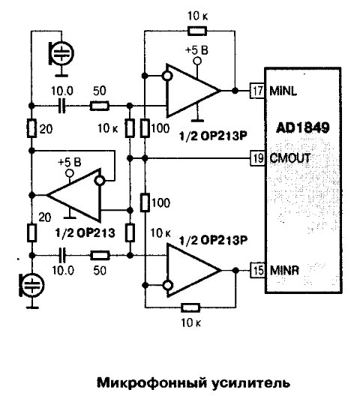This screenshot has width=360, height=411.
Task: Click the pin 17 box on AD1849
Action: coord(257,91)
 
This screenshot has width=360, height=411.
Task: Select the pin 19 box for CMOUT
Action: coord(257,158)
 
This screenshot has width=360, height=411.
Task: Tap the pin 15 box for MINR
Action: coord(257,270)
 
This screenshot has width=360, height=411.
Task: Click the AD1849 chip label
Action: coord(302,128)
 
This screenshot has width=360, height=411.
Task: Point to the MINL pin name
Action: coord(283,91)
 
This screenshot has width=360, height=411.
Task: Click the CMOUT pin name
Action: coord(290,158)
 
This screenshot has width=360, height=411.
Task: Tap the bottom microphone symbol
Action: coord(31,285)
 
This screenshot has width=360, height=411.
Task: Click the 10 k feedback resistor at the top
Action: coord(197,31)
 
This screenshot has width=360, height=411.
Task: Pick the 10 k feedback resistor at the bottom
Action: coord(190,308)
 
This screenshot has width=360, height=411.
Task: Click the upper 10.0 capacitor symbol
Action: coord(62,106)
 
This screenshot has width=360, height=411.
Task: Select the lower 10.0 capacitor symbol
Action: coord(62,255)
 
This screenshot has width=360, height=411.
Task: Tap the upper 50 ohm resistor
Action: coord(99,106)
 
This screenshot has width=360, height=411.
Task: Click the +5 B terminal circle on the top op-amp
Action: coord(197,61)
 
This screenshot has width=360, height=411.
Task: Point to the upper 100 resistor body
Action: coord(145,128)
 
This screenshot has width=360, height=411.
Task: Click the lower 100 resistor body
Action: coord(145,202)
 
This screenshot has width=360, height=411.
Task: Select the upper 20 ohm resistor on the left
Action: coord(31,128)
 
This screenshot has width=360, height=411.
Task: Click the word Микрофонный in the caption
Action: coord(151,383)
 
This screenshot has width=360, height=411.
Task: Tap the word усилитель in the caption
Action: coord(250,383)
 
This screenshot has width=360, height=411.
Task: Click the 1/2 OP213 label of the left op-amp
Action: coord(85,232)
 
